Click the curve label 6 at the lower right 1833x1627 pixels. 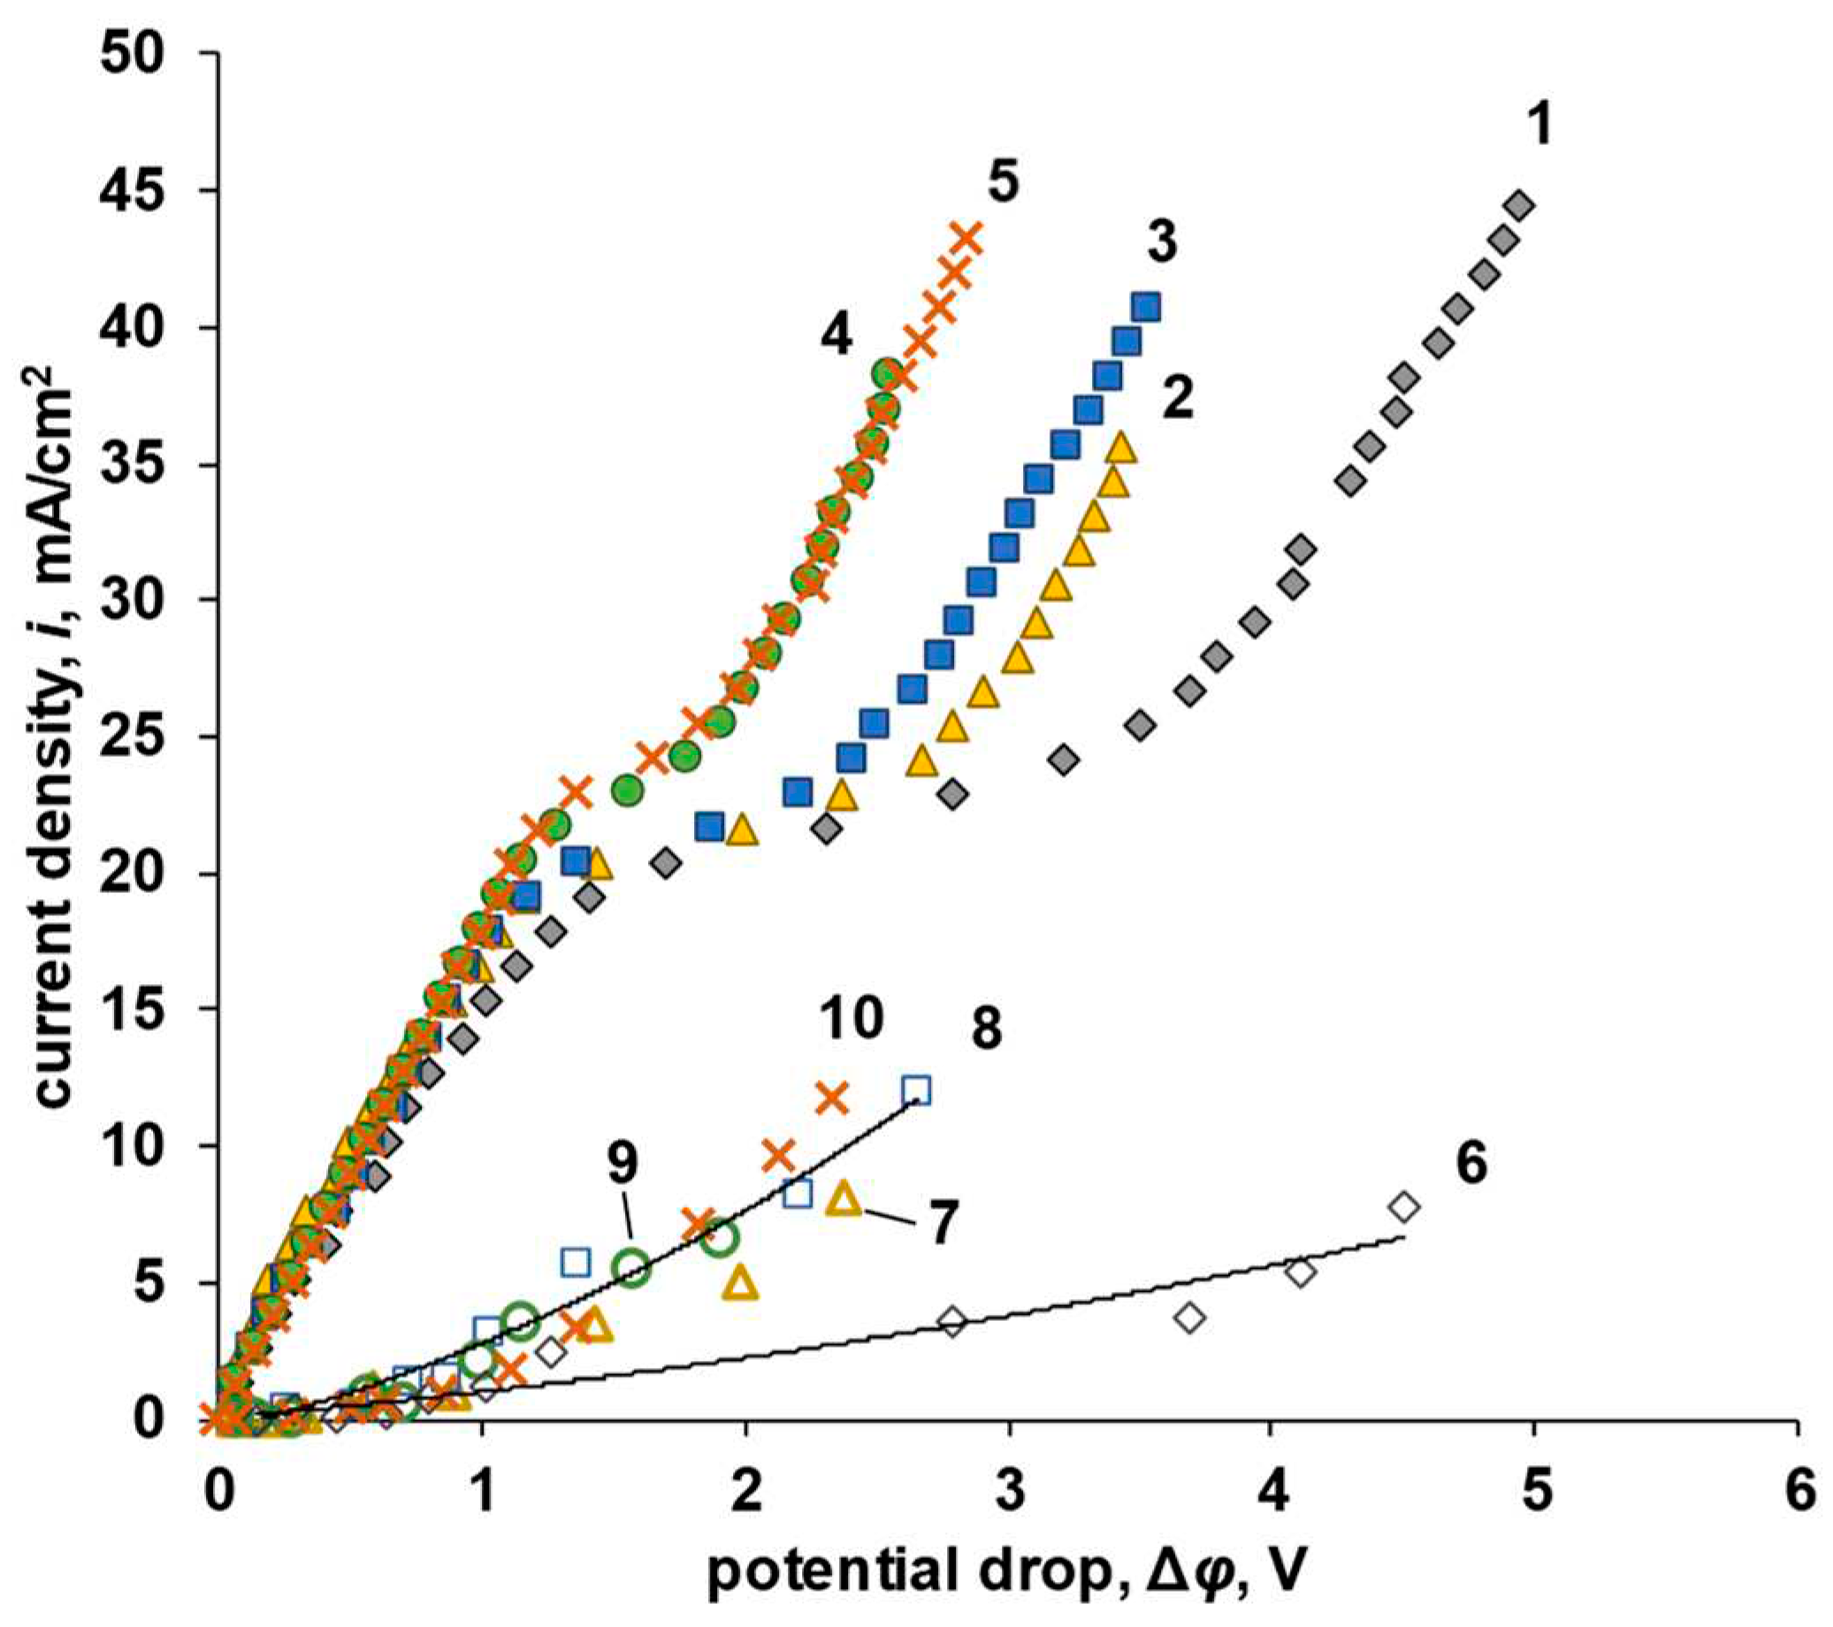1471,1163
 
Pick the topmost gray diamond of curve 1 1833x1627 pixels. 1521,205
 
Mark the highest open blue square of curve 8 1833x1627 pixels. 915,1089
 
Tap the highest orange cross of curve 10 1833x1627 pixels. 832,1097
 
